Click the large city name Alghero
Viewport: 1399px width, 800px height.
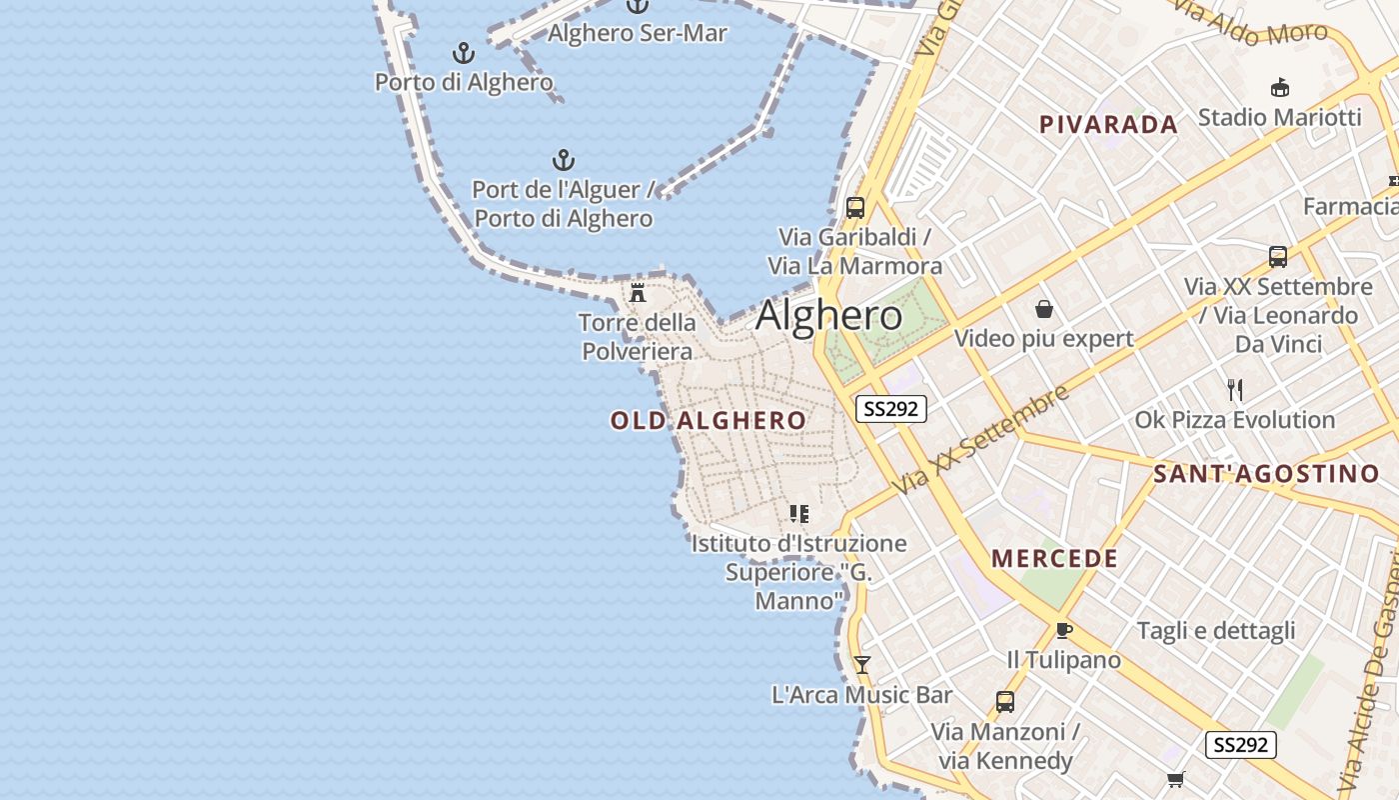(829, 315)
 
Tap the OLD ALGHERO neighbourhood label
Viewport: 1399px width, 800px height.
(708, 421)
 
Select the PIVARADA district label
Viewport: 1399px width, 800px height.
(1108, 125)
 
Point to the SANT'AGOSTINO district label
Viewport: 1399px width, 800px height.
(1266, 474)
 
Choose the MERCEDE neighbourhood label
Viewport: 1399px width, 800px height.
(1054, 559)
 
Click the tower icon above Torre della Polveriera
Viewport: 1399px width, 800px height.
(638, 293)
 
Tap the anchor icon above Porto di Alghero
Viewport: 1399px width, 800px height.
(464, 53)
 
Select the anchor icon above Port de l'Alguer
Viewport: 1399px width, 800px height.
(564, 160)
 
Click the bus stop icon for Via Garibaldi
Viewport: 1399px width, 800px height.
(855, 208)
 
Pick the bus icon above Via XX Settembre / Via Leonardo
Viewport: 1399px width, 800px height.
(1278, 257)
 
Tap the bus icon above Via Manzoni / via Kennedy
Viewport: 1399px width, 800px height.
(1005, 702)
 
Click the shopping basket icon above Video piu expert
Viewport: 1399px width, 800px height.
(1044, 309)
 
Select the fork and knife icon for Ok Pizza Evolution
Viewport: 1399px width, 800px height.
(1235, 390)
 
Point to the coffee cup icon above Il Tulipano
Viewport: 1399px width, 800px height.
(1063, 630)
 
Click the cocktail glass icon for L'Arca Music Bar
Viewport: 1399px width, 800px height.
(862, 664)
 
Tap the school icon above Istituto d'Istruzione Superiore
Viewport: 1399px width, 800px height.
(798, 514)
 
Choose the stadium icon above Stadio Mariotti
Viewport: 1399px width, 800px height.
(1280, 88)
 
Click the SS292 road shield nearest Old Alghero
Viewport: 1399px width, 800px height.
(891, 409)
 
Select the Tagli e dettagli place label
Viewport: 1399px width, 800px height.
(1216, 631)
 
